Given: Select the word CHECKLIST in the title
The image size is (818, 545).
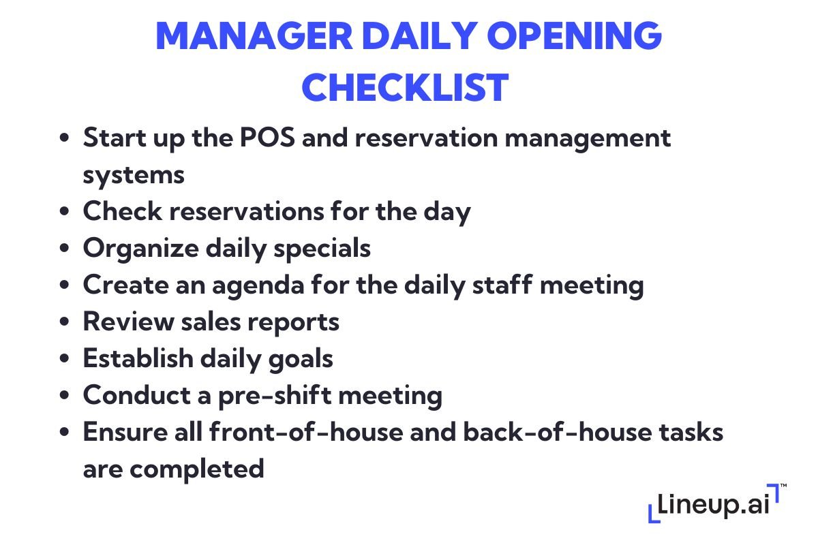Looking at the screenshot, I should coord(406,87).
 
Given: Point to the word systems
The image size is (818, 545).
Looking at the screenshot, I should coord(134,175).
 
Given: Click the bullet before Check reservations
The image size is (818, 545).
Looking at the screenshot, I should coord(65,212).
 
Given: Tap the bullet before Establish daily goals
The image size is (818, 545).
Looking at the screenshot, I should coord(65,359).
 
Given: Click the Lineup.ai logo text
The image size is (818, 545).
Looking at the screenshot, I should coord(712,508).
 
